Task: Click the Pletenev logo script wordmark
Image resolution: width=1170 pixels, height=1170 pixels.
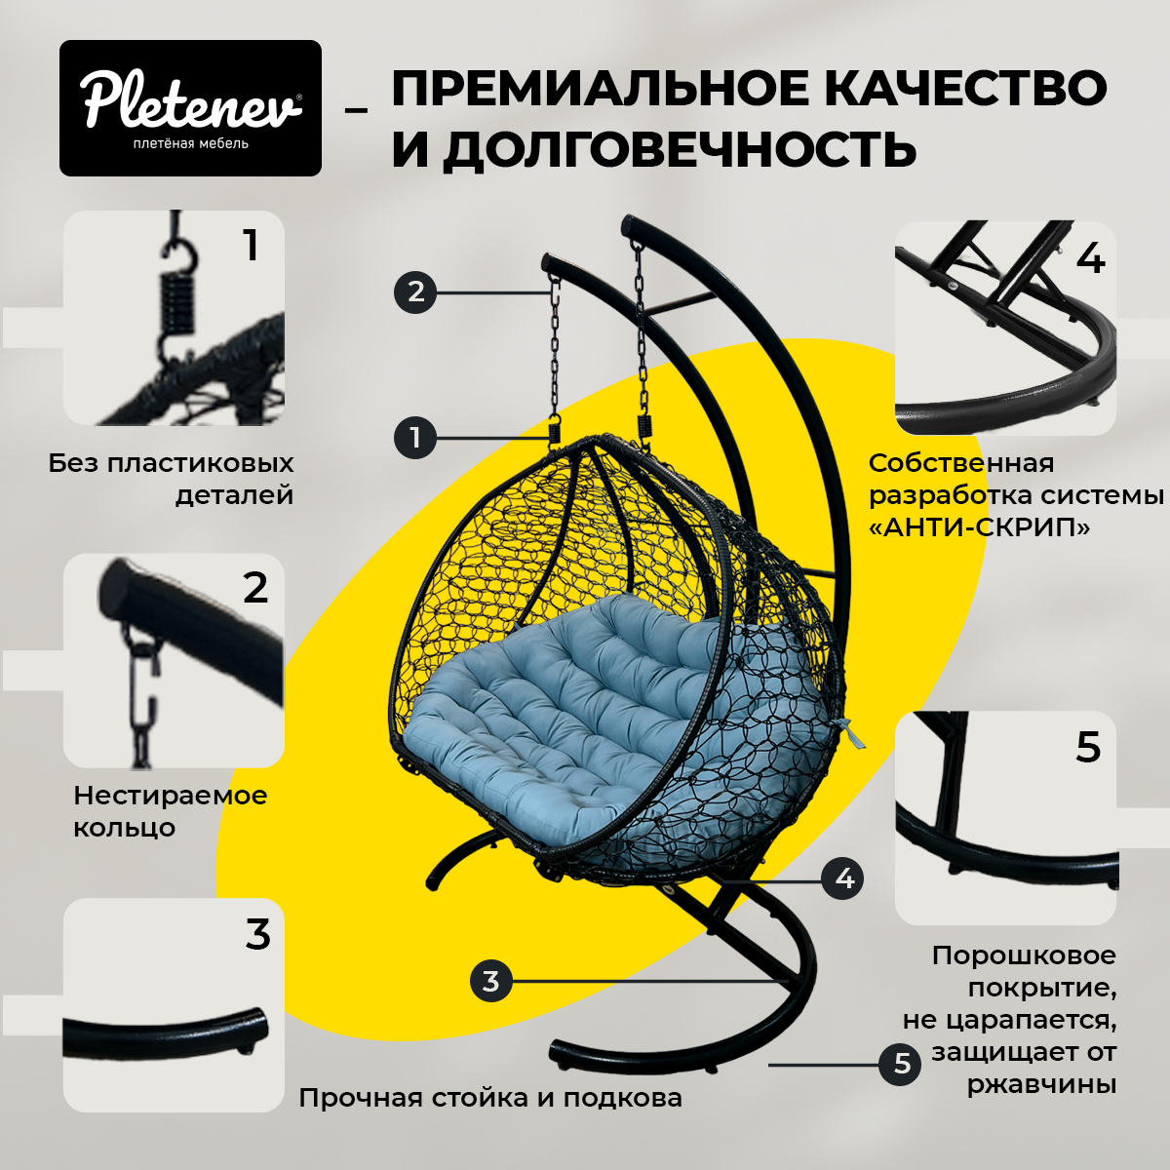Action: click(191, 100)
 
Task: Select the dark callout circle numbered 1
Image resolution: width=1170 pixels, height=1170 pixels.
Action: click(415, 437)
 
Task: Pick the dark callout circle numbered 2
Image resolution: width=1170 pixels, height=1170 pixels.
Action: click(415, 292)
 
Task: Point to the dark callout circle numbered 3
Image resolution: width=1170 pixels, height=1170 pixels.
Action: click(491, 981)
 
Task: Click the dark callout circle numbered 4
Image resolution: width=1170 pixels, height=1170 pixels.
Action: click(843, 878)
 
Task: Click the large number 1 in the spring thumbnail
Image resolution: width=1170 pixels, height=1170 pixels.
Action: click(251, 246)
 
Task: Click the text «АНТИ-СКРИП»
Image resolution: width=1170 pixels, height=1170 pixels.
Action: click(979, 527)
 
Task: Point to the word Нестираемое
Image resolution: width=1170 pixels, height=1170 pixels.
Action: click(171, 795)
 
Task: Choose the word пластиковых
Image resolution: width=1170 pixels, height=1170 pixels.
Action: click(201, 463)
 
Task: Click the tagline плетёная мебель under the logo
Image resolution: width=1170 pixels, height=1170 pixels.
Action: click(191, 144)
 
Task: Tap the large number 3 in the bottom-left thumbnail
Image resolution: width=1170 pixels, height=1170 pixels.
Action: click(257, 935)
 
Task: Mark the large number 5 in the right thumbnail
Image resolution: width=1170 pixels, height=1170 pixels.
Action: click(1088, 748)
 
